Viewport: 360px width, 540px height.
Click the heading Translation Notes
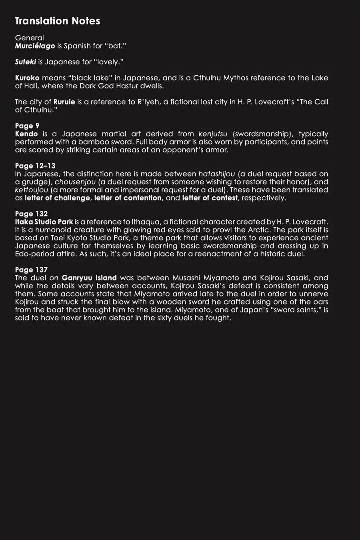pos(57,21)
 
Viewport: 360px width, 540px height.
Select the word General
pos(29,38)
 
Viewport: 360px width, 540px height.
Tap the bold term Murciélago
pos(35,46)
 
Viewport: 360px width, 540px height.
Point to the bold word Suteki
pos(25,62)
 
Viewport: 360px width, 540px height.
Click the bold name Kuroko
pos(27,78)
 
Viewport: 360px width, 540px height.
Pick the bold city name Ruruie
pos(64,102)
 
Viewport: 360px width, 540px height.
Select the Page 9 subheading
pos(27,126)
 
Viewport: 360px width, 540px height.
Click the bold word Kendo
pos(26,134)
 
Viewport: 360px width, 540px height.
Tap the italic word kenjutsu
pos(213,134)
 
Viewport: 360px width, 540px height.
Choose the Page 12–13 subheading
pos(35,166)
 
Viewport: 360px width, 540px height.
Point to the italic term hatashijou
pos(216,174)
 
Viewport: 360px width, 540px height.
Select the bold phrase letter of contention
pos(128,198)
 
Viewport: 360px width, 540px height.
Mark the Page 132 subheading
pos(31,214)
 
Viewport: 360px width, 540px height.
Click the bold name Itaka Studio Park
pos(44,222)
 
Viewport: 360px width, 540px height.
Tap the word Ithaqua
pos(146,222)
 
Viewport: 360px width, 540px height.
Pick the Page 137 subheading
pos(31,270)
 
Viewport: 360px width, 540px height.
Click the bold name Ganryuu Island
pos(89,278)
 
